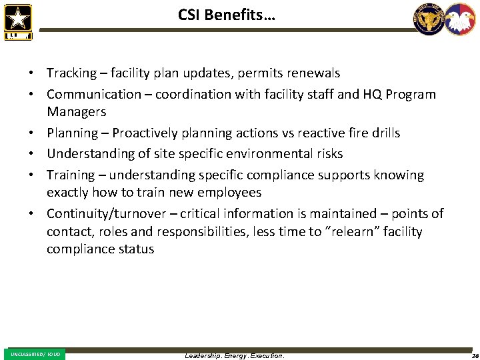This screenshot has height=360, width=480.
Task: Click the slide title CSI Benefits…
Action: pos(227,14)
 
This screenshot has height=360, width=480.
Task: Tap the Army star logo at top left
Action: pos(18,21)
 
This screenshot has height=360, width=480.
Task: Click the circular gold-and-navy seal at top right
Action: pos(429,19)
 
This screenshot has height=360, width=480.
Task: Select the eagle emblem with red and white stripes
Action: pos(460,19)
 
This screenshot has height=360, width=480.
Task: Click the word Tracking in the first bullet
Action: pos(71,73)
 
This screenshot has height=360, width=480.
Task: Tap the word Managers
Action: pos(76,111)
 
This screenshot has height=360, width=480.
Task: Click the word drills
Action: pos(384,133)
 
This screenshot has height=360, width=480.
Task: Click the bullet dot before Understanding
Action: pos(31,154)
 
